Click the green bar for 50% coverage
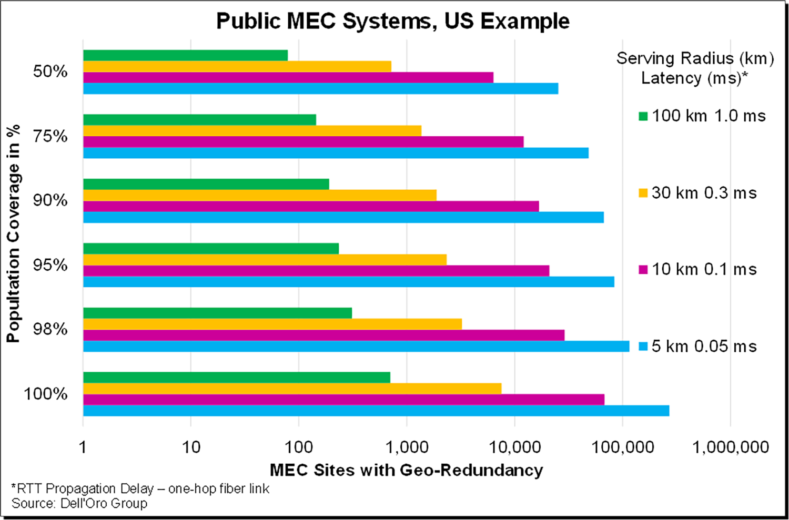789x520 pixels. point(185,55)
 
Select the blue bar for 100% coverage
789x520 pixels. point(376,411)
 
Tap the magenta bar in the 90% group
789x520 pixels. point(311,206)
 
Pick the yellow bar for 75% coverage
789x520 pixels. point(252,130)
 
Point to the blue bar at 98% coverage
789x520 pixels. point(356,346)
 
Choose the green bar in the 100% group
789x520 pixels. point(237,378)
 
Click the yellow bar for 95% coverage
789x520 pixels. point(265,260)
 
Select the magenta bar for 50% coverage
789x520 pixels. point(288,77)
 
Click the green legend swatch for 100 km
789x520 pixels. point(643,116)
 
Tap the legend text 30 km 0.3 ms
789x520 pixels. point(704,193)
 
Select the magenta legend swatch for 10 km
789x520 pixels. point(643,270)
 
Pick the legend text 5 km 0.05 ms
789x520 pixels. point(704,346)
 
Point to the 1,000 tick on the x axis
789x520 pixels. point(407,447)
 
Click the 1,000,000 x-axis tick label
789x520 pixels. point(731,447)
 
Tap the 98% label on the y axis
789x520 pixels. point(50,330)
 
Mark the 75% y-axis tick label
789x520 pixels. point(50,137)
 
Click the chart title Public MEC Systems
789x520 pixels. point(392,21)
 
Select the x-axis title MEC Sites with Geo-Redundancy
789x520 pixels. point(406,470)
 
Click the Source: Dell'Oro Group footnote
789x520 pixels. point(79,504)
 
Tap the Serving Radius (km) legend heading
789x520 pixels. point(695,58)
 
